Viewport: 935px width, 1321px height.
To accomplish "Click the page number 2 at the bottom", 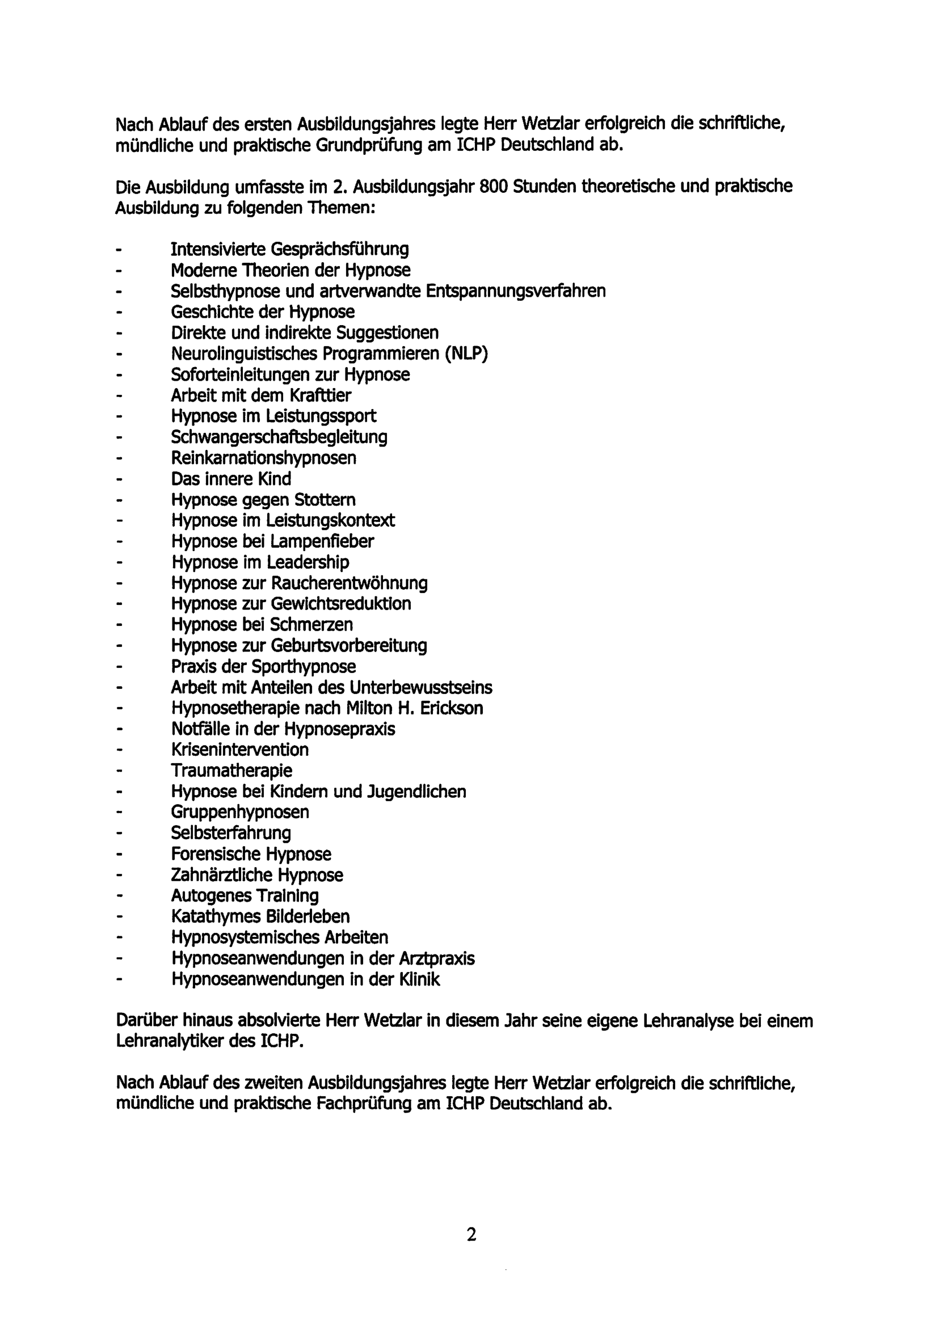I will [471, 1235].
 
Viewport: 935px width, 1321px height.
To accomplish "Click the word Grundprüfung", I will [369, 145].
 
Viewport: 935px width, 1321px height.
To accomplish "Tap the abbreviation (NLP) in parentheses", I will [466, 354].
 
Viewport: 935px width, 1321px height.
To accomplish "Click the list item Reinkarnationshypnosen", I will [264, 458].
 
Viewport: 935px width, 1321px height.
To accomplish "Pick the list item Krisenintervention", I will [239, 750].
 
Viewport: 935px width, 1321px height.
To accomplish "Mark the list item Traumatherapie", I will [231, 771].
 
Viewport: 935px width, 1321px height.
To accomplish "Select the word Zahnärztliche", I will [222, 875].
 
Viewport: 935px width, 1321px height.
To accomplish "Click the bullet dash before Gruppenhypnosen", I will [119, 813].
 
